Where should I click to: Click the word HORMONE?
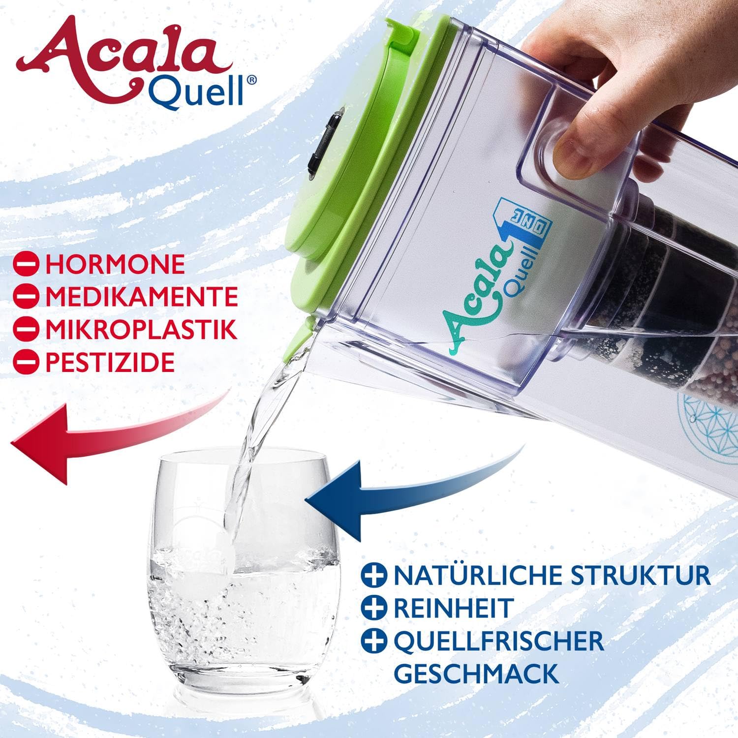click(x=115, y=264)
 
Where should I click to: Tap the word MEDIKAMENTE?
click(x=142, y=297)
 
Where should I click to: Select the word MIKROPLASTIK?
click(x=141, y=330)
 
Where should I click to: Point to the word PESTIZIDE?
click(x=110, y=362)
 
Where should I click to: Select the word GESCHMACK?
click(x=477, y=673)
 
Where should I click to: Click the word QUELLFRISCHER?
click(x=498, y=641)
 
